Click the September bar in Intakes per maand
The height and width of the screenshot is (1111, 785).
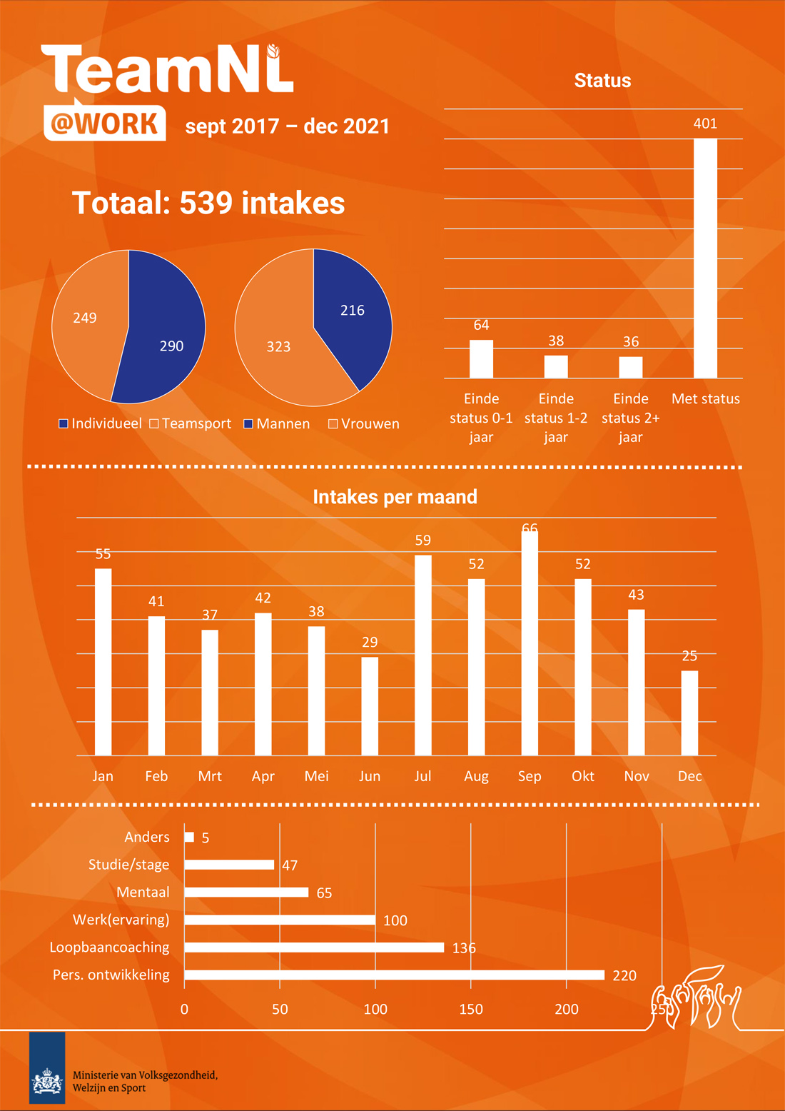[530, 643]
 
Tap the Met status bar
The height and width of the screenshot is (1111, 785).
[705, 258]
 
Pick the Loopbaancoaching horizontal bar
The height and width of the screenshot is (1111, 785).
[314, 947]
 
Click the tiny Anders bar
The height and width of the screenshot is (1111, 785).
[189, 837]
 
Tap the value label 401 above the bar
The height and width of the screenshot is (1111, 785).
[705, 124]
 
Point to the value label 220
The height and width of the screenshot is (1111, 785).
[624, 975]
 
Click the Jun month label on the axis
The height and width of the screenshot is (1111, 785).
[370, 776]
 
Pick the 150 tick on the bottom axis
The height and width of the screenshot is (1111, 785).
[471, 1009]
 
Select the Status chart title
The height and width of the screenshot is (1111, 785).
[602, 81]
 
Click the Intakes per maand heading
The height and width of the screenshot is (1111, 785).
[395, 497]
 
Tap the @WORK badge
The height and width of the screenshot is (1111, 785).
[105, 123]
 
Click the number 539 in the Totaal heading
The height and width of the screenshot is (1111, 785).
[206, 203]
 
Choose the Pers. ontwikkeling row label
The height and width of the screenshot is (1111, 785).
[111, 975]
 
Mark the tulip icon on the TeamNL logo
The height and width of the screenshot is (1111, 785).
[273, 51]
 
